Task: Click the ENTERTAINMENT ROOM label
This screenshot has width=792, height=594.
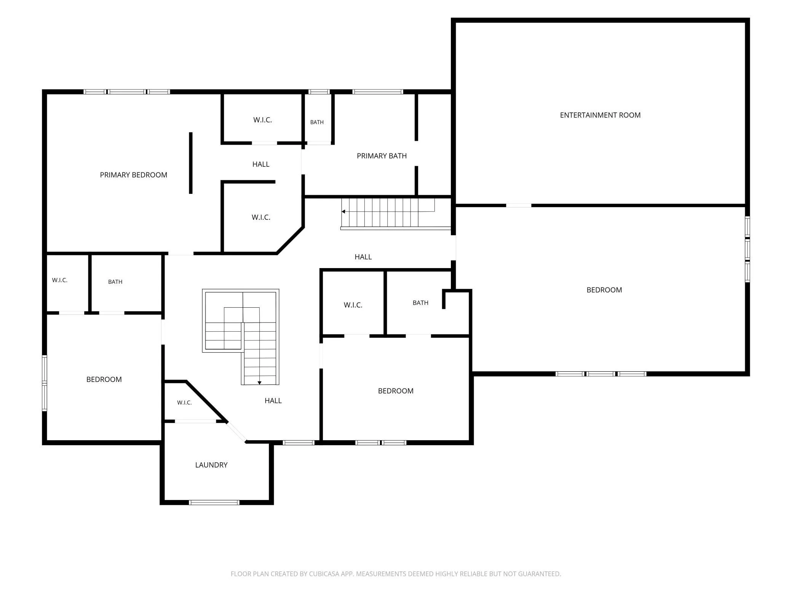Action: (x=600, y=115)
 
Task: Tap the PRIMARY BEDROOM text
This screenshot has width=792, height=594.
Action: (x=134, y=175)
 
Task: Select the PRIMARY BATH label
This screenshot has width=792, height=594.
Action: (x=382, y=156)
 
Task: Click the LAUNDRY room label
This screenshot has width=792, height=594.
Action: (x=211, y=465)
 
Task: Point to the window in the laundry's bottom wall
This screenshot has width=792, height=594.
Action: (x=214, y=503)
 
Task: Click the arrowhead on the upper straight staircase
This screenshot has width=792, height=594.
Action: (x=343, y=211)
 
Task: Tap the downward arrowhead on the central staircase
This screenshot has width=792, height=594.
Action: (x=259, y=383)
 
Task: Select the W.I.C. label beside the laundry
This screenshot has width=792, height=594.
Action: (x=184, y=402)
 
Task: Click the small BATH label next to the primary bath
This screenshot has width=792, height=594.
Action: (x=317, y=122)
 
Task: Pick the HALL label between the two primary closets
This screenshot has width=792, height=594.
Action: (x=261, y=164)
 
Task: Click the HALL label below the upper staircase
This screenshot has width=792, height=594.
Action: (x=363, y=257)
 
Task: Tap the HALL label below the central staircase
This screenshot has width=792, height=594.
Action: (x=273, y=401)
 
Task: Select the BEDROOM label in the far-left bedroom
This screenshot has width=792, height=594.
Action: (x=104, y=379)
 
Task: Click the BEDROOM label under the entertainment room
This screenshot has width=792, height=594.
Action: (x=604, y=290)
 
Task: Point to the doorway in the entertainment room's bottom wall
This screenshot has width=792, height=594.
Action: (x=519, y=205)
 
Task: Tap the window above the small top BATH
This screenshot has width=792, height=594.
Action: (x=319, y=92)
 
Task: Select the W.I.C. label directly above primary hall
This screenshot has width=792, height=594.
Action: (x=262, y=120)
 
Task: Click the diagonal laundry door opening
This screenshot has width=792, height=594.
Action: (x=236, y=432)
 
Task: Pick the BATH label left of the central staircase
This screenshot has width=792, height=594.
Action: (x=115, y=282)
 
